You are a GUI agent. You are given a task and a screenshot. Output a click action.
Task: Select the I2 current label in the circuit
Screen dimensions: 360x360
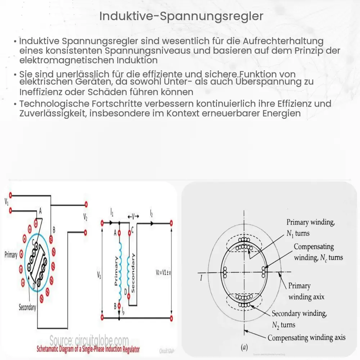click(151, 214)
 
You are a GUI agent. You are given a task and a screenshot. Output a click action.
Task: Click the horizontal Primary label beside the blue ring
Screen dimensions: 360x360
click(11, 255)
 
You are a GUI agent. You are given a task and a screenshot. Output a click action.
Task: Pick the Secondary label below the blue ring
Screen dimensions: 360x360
click(27, 307)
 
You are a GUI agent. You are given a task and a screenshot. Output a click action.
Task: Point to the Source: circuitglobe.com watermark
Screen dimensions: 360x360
click(89, 340)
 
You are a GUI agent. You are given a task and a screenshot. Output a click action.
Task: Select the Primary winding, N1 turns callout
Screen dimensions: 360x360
click(310, 228)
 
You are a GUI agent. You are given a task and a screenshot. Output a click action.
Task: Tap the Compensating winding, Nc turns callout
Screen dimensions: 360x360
click(318, 252)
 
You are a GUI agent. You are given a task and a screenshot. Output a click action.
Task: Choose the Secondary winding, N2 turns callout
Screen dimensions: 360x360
click(299, 319)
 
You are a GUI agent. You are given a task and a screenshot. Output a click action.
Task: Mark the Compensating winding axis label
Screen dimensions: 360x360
click(306, 338)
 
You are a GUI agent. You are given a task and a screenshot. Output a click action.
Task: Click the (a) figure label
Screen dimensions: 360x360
click(244, 347)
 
